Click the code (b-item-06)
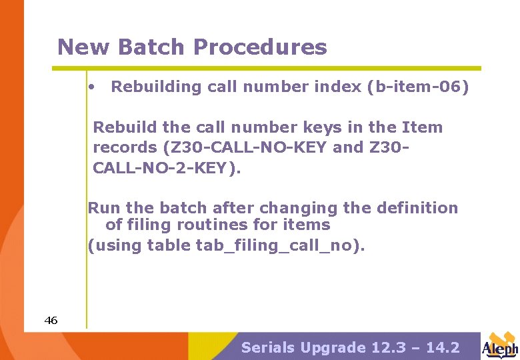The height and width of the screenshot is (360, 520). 418,87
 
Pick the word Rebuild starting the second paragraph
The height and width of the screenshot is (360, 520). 123,127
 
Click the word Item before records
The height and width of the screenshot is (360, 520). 423,127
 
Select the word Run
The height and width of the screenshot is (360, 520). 102,208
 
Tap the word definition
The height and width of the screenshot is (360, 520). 417,208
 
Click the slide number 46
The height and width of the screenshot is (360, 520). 51,321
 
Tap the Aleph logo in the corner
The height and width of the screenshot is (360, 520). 500,345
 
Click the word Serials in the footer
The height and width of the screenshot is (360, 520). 267,347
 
